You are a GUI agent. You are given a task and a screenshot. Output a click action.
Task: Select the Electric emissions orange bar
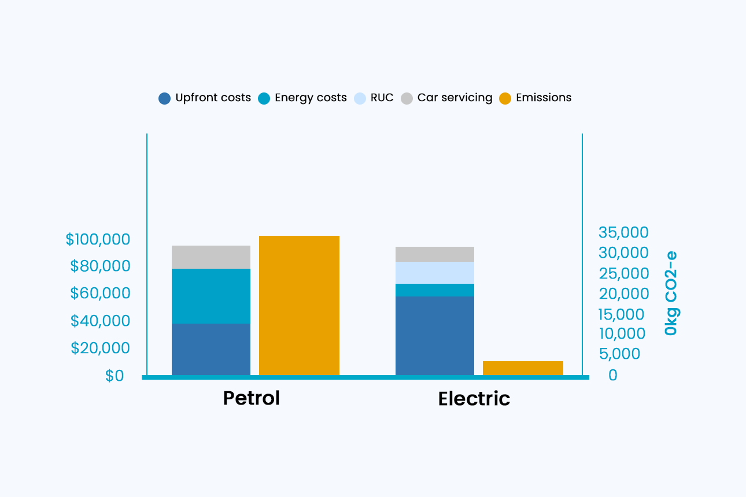pos(523,368)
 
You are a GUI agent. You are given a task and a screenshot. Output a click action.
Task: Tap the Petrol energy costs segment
pos(211,296)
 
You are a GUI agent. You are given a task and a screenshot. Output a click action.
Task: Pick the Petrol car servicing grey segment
pos(211,257)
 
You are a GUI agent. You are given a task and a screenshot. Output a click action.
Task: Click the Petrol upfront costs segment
pos(211,349)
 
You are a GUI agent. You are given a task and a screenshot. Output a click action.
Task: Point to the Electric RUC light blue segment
pos(435,273)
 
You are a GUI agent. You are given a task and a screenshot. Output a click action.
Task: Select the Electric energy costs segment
pos(435,290)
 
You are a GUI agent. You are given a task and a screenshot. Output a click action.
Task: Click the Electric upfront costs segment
pos(435,336)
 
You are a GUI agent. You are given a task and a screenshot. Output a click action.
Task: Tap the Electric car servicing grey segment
pos(435,254)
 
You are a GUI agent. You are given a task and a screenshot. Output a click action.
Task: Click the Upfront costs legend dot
pos(165,98)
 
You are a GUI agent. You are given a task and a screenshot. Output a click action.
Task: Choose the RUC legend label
pos(382,98)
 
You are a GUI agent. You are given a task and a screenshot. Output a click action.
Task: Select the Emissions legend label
pos(544,98)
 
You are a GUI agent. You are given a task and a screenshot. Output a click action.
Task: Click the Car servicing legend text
pos(455,98)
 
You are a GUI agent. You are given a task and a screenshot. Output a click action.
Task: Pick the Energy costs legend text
pos(311,98)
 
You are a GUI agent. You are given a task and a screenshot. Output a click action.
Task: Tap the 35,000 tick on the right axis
pos(623,232)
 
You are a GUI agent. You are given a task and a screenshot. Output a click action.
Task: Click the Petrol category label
pos(252,398)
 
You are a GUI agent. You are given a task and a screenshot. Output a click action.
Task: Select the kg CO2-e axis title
pos(671,293)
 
